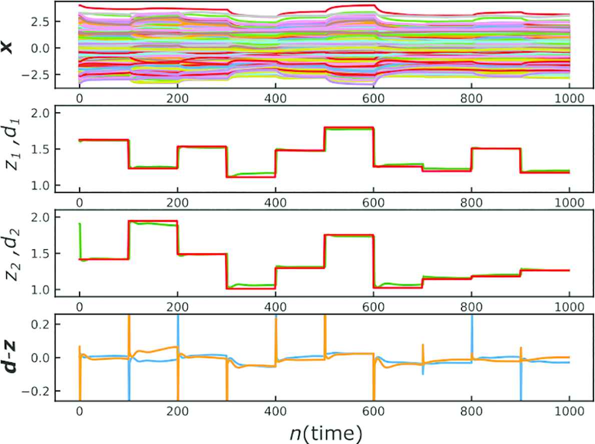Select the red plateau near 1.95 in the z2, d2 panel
click(x=153, y=221)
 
